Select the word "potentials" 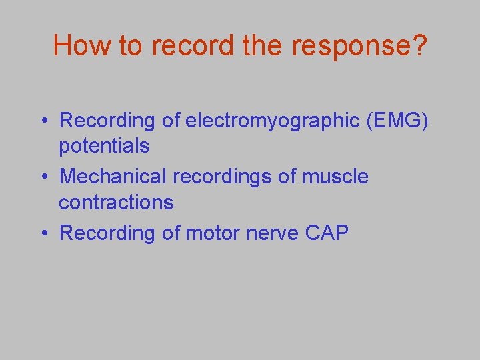104,146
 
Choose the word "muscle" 335,177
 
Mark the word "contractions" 116,202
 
